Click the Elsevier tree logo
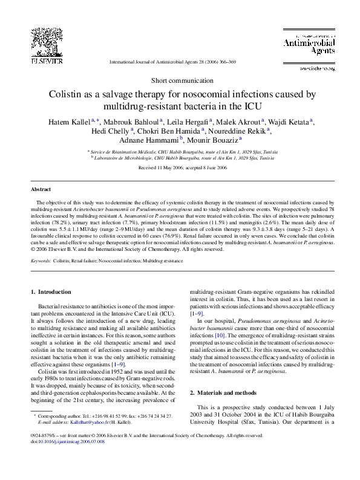(47, 42)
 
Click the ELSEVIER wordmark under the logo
(47, 61)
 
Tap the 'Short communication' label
(180, 80)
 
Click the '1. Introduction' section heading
(50, 293)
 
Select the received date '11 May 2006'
(163, 167)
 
